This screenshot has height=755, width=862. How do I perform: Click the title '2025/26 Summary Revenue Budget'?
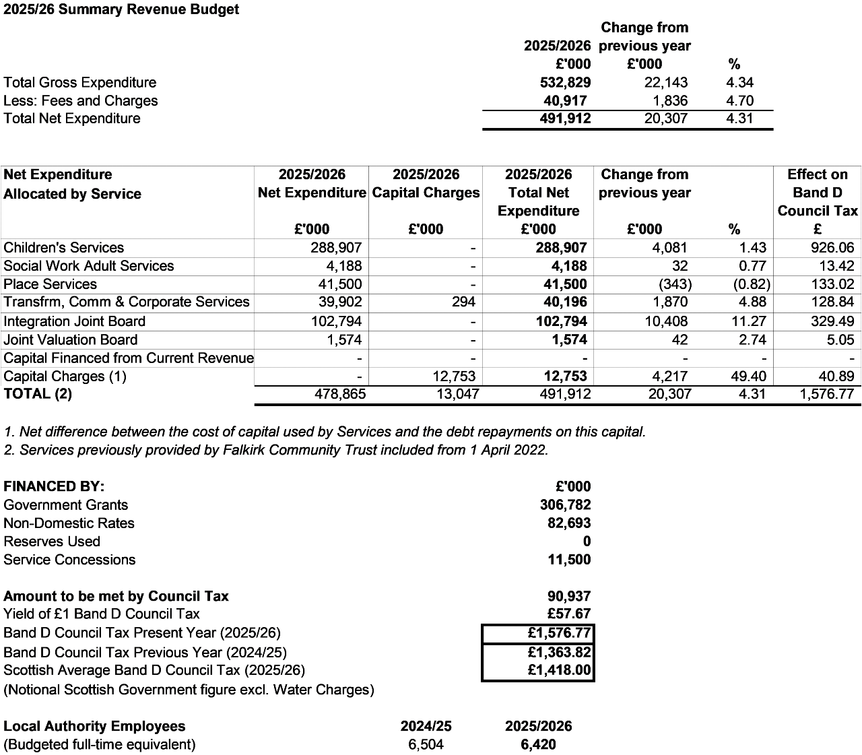121,10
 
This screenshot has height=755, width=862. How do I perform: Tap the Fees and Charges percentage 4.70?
739,100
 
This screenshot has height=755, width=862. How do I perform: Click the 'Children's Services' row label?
64,247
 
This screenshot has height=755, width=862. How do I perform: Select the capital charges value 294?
463,302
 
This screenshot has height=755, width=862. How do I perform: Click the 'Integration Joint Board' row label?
74,321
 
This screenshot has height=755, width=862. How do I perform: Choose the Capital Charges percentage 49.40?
749,376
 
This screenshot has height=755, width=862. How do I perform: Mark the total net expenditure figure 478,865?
340,394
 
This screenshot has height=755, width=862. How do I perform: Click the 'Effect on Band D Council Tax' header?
817,193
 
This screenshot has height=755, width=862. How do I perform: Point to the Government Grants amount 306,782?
565,504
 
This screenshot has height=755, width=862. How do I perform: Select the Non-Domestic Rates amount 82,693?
569,523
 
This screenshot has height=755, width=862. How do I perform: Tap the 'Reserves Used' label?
52,541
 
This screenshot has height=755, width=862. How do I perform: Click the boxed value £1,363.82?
559,652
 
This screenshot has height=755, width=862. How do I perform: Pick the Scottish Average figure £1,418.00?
559,670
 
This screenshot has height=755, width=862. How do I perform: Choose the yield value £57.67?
569,614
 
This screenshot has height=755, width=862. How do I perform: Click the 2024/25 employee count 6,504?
426,744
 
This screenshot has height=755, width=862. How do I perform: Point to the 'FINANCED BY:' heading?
54,486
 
